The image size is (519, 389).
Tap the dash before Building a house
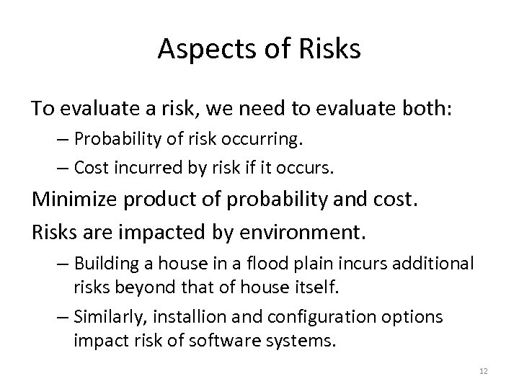tap(63, 264)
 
